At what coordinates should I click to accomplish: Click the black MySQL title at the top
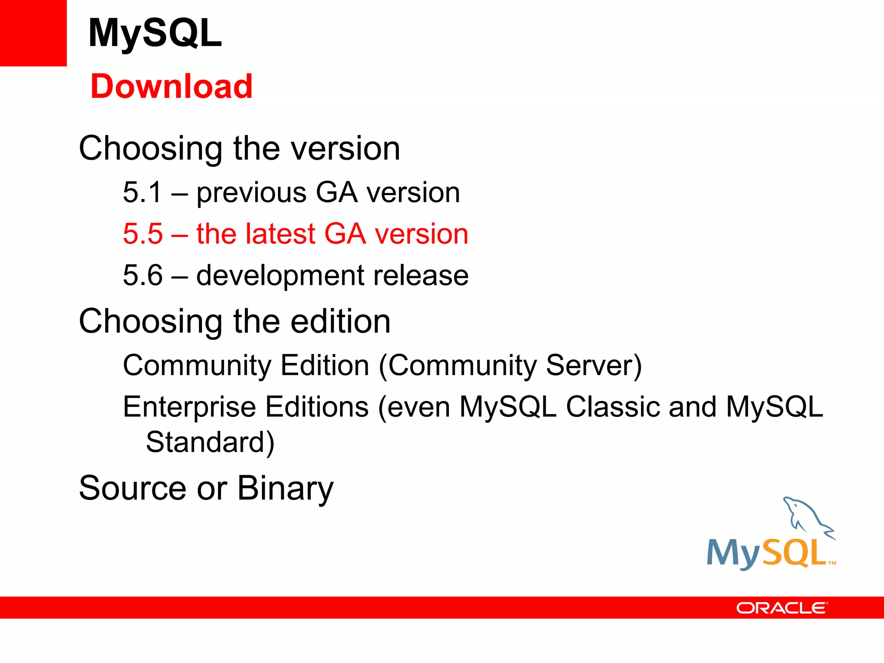[155, 33]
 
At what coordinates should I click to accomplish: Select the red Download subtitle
[171, 86]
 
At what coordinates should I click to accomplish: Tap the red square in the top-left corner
[33, 33]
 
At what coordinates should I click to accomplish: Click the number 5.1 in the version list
[142, 192]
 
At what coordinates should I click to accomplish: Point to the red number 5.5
[143, 234]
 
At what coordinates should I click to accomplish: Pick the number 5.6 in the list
[143, 275]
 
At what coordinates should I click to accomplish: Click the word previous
[251, 193]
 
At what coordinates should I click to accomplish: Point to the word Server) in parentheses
[594, 365]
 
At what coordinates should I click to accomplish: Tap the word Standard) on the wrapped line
[210, 442]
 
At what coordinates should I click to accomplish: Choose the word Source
[133, 488]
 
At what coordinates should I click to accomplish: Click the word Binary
[285, 489]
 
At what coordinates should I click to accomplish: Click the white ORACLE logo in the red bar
[782, 608]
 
